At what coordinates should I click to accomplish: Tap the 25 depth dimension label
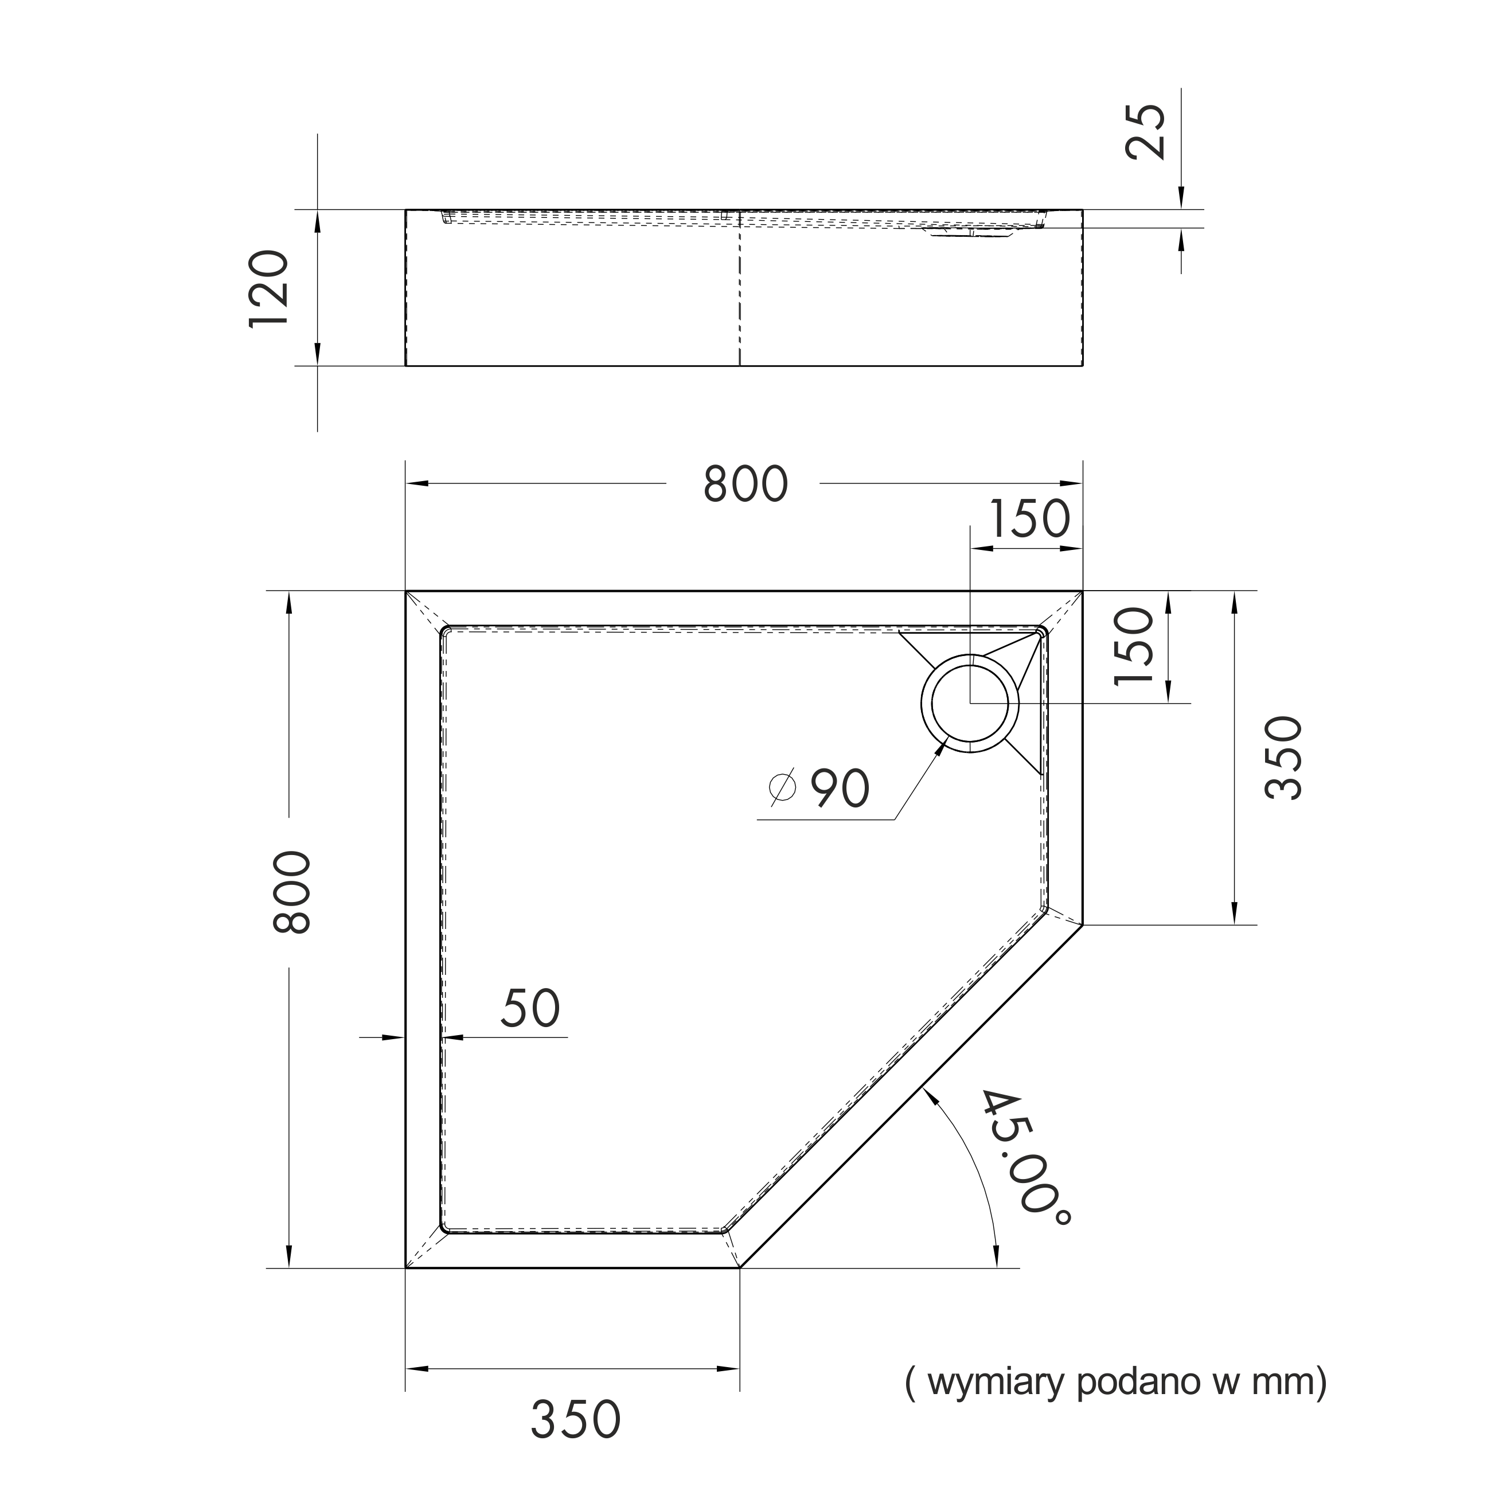(1145, 132)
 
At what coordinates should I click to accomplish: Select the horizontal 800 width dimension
(745, 485)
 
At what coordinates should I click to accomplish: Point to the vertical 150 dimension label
(1134, 646)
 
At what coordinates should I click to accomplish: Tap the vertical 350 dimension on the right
(1283, 758)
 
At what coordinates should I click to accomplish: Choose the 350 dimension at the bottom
(576, 1418)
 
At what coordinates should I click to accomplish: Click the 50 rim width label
(530, 1008)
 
